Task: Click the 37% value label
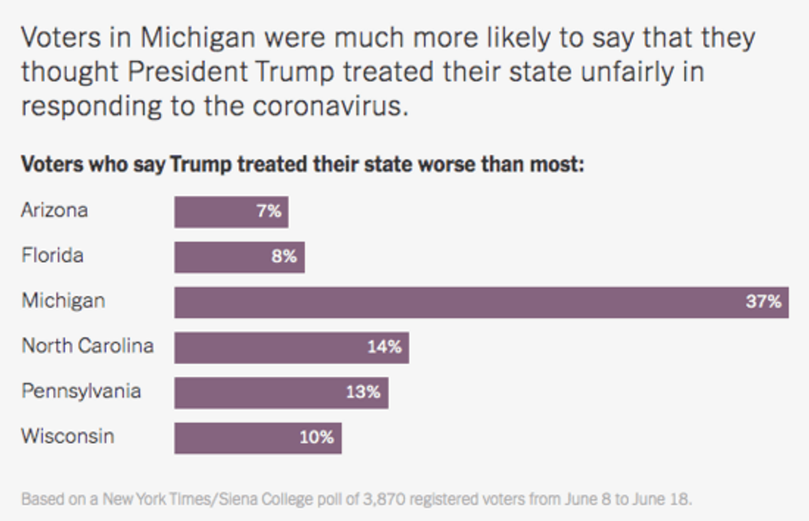763,302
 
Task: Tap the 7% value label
268,211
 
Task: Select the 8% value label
284,257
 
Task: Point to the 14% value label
385,348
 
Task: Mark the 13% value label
363,393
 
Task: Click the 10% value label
316,438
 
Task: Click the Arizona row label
54,210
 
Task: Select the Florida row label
53,255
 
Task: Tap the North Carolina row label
88,346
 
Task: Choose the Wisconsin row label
68,436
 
